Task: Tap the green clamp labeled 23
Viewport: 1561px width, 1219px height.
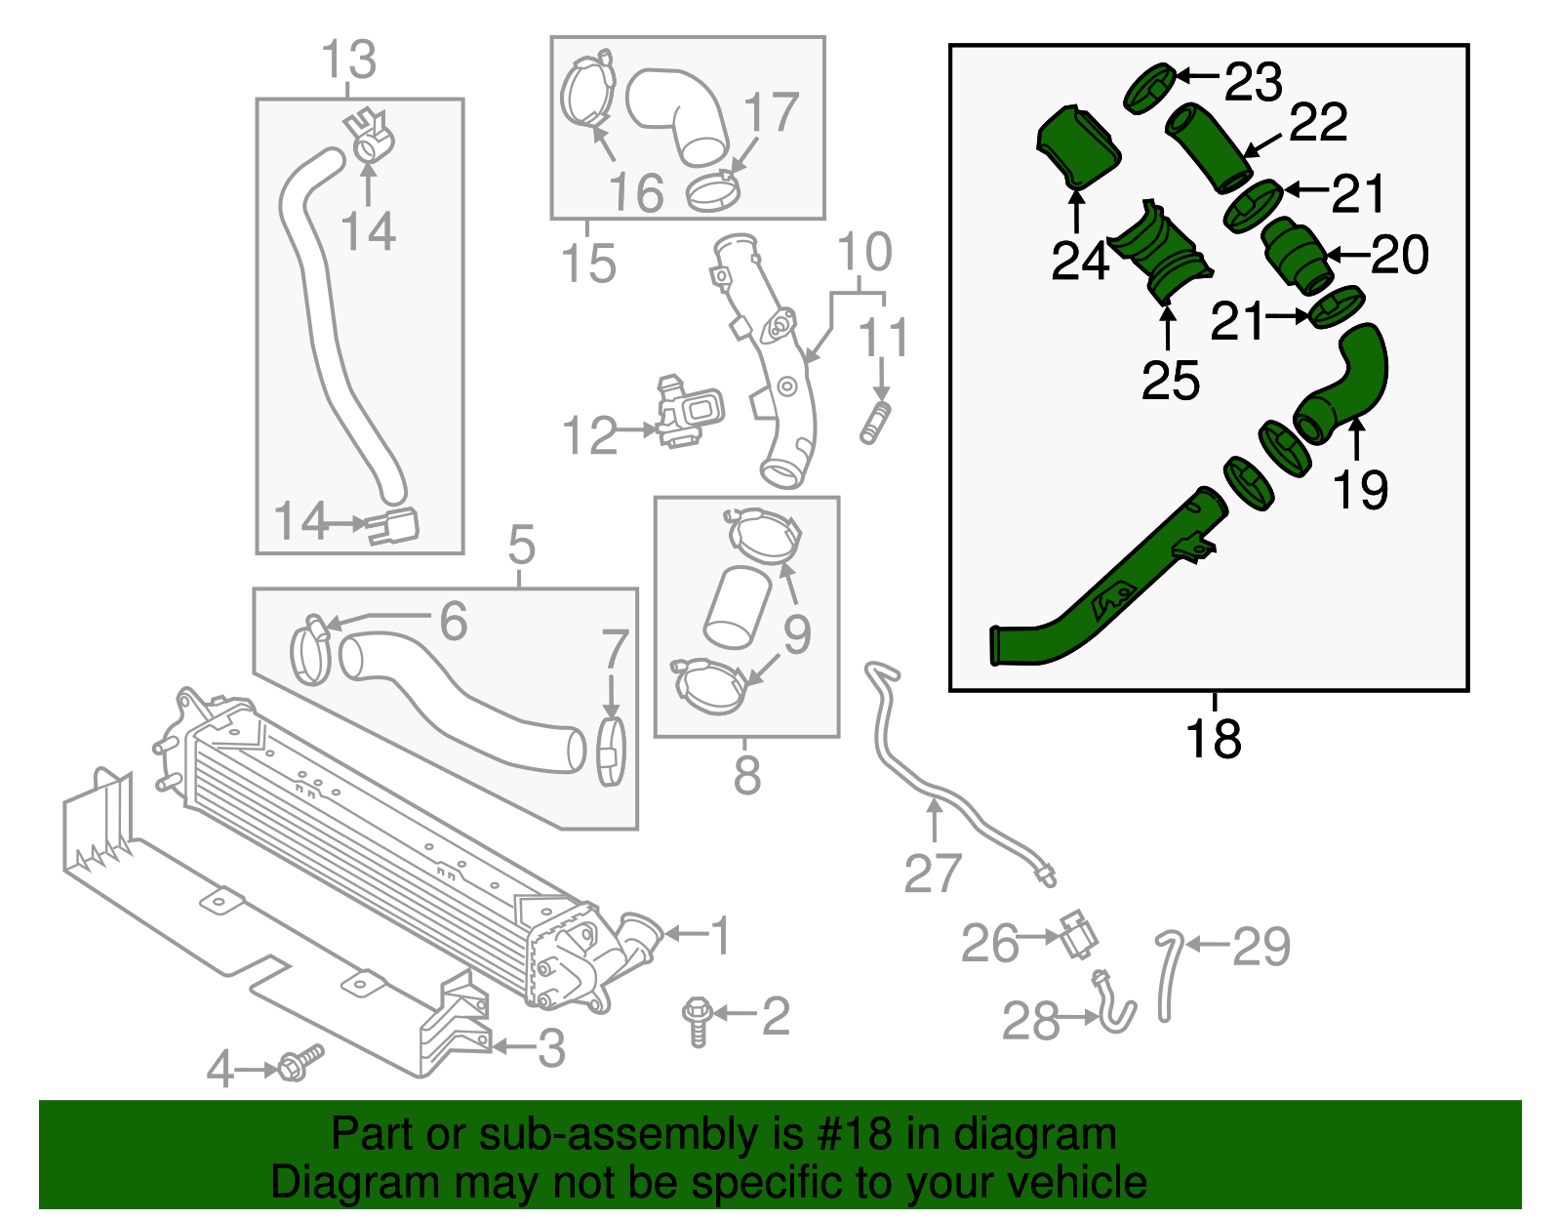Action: [1148, 88]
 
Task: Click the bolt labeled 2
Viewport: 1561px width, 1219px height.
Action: [697, 1020]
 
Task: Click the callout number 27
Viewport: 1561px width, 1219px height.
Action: [933, 874]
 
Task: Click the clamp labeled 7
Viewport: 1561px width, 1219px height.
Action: [611, 752]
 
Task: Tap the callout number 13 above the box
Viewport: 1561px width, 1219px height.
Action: [348, 61]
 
